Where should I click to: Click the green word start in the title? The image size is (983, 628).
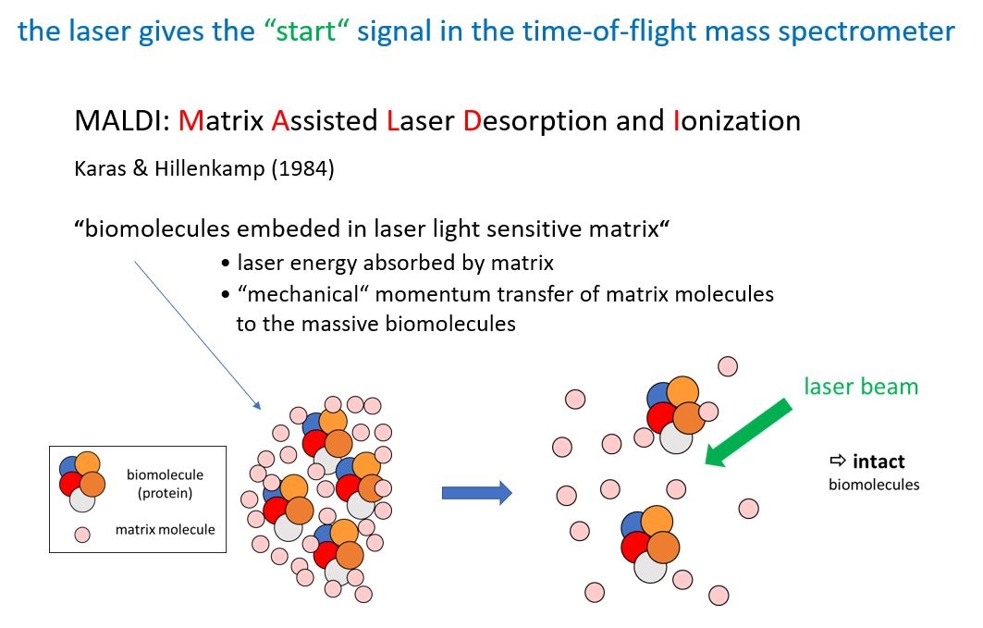click(x=306, y=31)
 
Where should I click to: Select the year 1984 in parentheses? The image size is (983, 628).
click(x=303, y=168)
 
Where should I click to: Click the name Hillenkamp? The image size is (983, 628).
click(x=210, y=168)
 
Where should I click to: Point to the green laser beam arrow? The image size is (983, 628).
click(x=748, y=433)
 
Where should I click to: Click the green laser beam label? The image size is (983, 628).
click(x=861, y=387)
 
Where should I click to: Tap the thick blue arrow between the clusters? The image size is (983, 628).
click(x=477, y=493)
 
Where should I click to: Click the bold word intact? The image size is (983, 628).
click(x=879, y=462)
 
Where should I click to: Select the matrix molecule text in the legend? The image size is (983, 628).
click(x=165, y=530)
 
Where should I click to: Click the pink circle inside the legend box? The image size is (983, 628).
click(x=82, y=535)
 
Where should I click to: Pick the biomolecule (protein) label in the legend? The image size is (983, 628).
click(x=165, y=483)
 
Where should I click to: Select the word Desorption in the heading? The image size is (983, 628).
click(x=535, y=121)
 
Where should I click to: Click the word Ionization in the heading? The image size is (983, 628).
click(x=737, y=120)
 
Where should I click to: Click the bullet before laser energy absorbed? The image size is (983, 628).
click(x=226, y=264)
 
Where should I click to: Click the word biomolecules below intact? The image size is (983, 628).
click(x=874, y=485)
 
